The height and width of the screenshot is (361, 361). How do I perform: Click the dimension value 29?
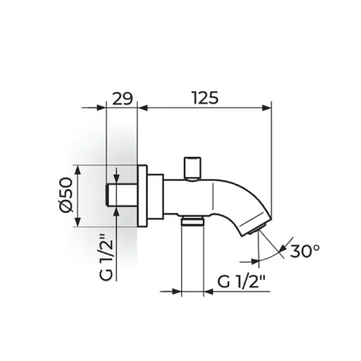[x=123, y=98]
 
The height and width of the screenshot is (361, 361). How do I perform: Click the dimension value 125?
[x=206, y=98]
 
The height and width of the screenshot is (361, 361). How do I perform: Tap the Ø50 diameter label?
[x=66, y=195]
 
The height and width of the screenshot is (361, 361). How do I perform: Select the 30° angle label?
[x=305, y=251]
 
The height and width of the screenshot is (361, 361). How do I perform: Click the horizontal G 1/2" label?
[x=241, y=282]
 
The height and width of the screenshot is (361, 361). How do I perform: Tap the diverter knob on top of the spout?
[x=192, y=169]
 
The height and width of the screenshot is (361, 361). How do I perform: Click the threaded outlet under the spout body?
[x=192, y=221]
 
